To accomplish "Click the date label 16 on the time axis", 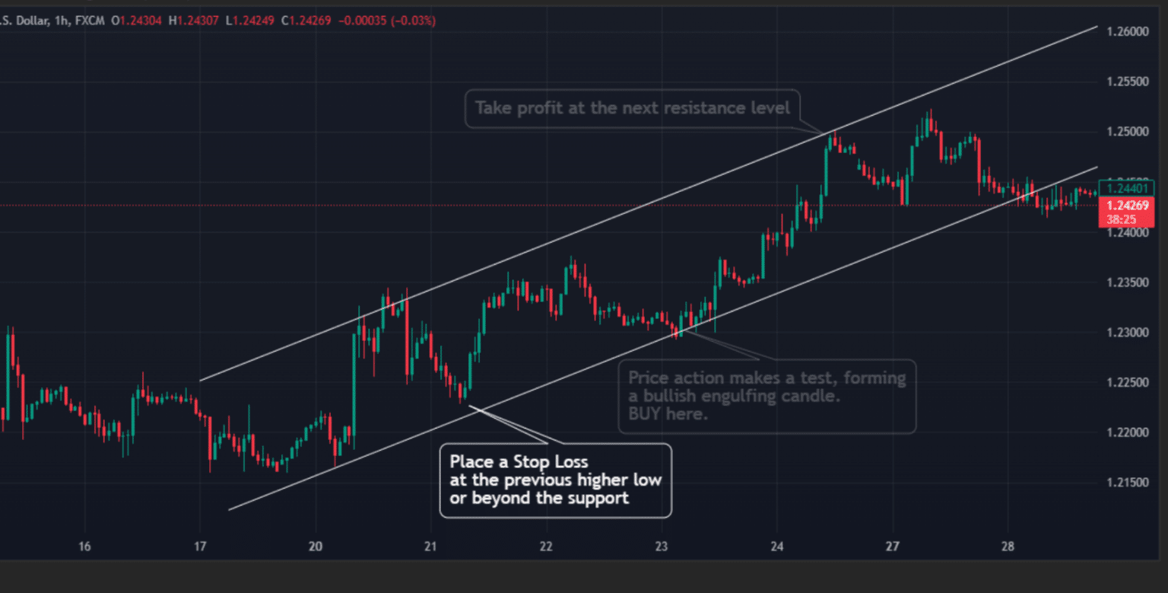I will pos(84,546).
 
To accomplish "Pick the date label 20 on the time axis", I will pos(316,546).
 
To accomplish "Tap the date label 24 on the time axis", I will pos(776,546).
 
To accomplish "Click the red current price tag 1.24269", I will pos(1127,206).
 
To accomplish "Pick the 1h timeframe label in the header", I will pos(59,21).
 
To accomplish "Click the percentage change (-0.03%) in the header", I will pos(414,21).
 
